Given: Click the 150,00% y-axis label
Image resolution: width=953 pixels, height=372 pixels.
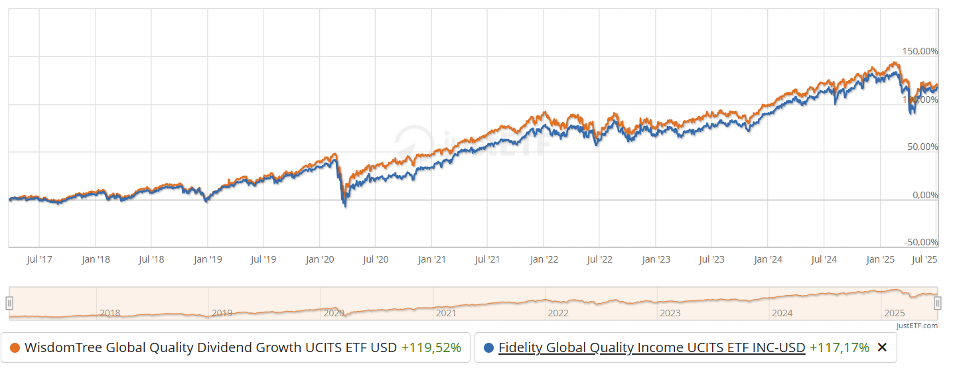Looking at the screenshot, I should pyautogui.click(x=920, y=52).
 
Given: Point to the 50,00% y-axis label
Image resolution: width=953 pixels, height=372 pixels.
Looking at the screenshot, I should pyautogui.click(x=922, y=147).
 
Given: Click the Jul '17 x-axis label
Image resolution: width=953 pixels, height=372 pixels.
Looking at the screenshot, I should pyautogui.click(x=40, y=259).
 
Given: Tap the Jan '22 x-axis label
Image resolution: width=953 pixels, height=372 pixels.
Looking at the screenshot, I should pyautogui.click(x=544, y=259).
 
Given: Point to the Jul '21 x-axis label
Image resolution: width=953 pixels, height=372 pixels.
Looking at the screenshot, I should pyautogui.click(x=488, y=259).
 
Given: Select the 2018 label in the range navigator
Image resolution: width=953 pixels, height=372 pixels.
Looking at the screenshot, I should pyautogui.click(x=110, y=313).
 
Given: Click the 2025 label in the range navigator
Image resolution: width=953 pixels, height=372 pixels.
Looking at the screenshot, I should pyautogui.click(x=895, y=313).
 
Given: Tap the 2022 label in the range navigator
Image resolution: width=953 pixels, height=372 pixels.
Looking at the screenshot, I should pyautogui.click(x=558, y=313).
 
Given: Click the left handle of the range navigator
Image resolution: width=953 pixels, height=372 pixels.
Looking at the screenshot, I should pyautogui.click(x=9, y=303).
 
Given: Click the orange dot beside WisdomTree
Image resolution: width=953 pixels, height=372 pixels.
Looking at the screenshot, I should pyautogui.click(x=15, y=347).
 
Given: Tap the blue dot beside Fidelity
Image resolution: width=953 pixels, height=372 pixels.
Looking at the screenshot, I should pyautogui.click(x=489, y=347).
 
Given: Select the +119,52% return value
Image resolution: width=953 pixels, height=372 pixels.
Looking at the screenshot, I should pyautogui.click(x=431, y=347).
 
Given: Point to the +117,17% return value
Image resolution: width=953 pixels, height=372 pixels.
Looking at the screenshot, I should pyautogui.click(x=839, y=347).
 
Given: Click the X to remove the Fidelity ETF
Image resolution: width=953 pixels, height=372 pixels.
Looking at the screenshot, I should pyautogui.click(x=882, y=347).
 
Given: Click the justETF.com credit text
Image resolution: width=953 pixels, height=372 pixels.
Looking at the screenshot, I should pyautogui.click(x=916, y=326).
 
